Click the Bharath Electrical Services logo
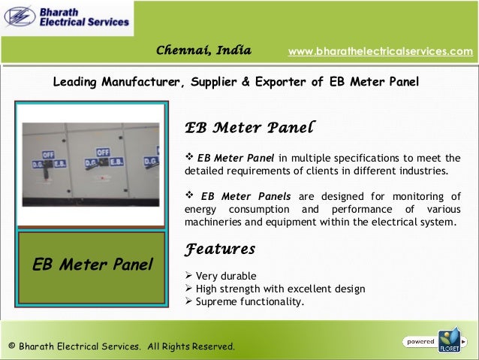pyautogui.click(x=68, y=19)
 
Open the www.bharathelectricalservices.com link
pyautogui.click(x=381, y=51)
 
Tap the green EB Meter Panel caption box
pyautogui.click(x=92, y=264)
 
